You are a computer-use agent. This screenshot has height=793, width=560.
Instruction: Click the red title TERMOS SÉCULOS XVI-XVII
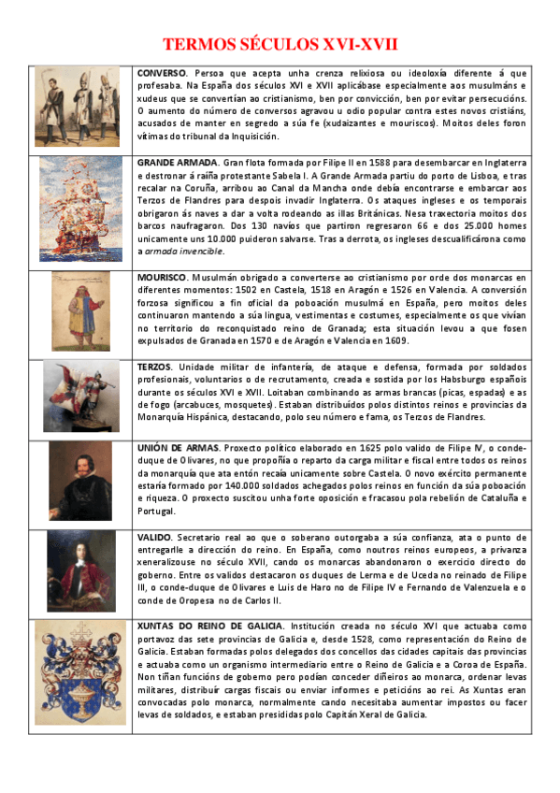tap(280, 44)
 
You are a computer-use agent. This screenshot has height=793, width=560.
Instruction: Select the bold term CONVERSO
tap(162, 73)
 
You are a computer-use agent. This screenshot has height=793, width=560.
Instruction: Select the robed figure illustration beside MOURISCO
tap(79, 313)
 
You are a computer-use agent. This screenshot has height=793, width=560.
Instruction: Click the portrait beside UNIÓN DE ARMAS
tap(80, 481)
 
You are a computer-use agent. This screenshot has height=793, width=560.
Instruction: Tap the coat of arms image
tap(80, 672)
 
